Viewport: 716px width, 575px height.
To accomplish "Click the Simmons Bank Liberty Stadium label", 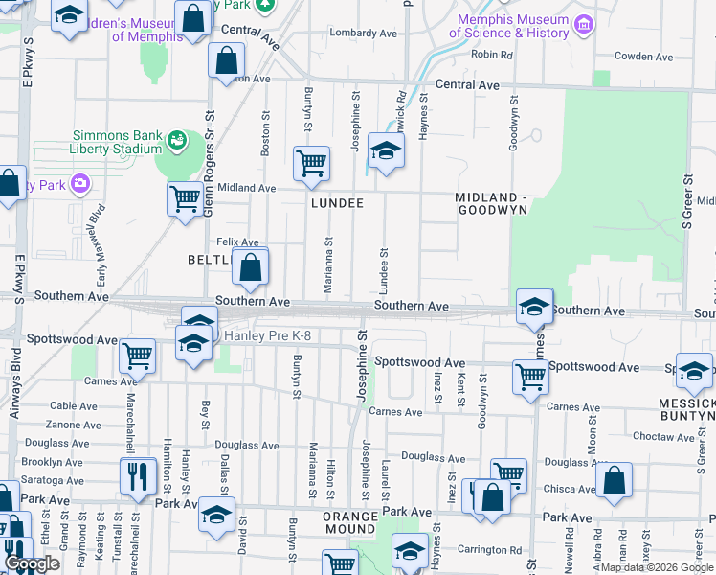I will pos(115,142).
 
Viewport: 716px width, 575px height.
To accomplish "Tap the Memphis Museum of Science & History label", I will pos(513,26).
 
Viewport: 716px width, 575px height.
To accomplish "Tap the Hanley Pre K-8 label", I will pos(267,335).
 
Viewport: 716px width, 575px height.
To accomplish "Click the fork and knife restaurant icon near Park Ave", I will pos(138,475).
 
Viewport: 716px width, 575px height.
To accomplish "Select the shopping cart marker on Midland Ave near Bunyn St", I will pos(311,164).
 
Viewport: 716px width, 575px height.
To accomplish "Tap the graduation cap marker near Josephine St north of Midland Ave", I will pos(386,151).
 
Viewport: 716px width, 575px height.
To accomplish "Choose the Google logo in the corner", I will pos(32,563).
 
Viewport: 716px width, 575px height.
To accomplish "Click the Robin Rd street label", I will pos(492,55).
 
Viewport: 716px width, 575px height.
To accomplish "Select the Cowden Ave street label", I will pos(645,56).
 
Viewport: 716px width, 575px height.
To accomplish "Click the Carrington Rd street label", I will pos(489,550).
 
